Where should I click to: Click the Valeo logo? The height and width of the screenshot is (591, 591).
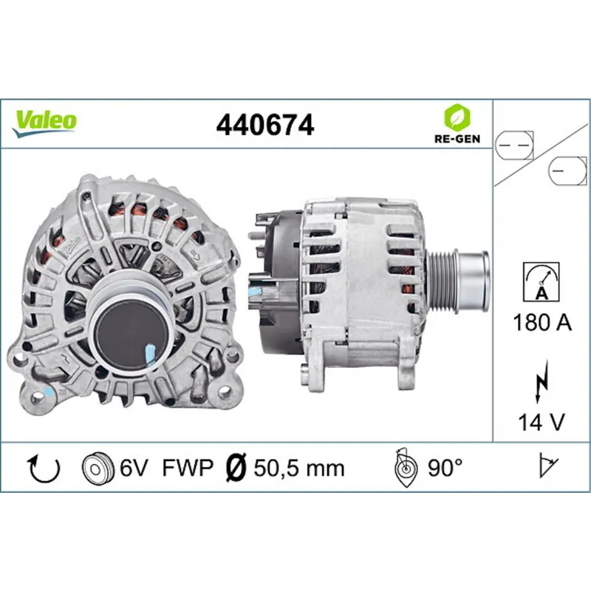click(44, 120)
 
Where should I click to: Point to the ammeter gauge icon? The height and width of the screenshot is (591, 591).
click(540, 281)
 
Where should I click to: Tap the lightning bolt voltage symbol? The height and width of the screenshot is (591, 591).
click(541, 384)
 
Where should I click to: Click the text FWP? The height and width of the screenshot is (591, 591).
click(188, 468)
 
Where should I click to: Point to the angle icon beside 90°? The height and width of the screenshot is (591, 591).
click(405, 467)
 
